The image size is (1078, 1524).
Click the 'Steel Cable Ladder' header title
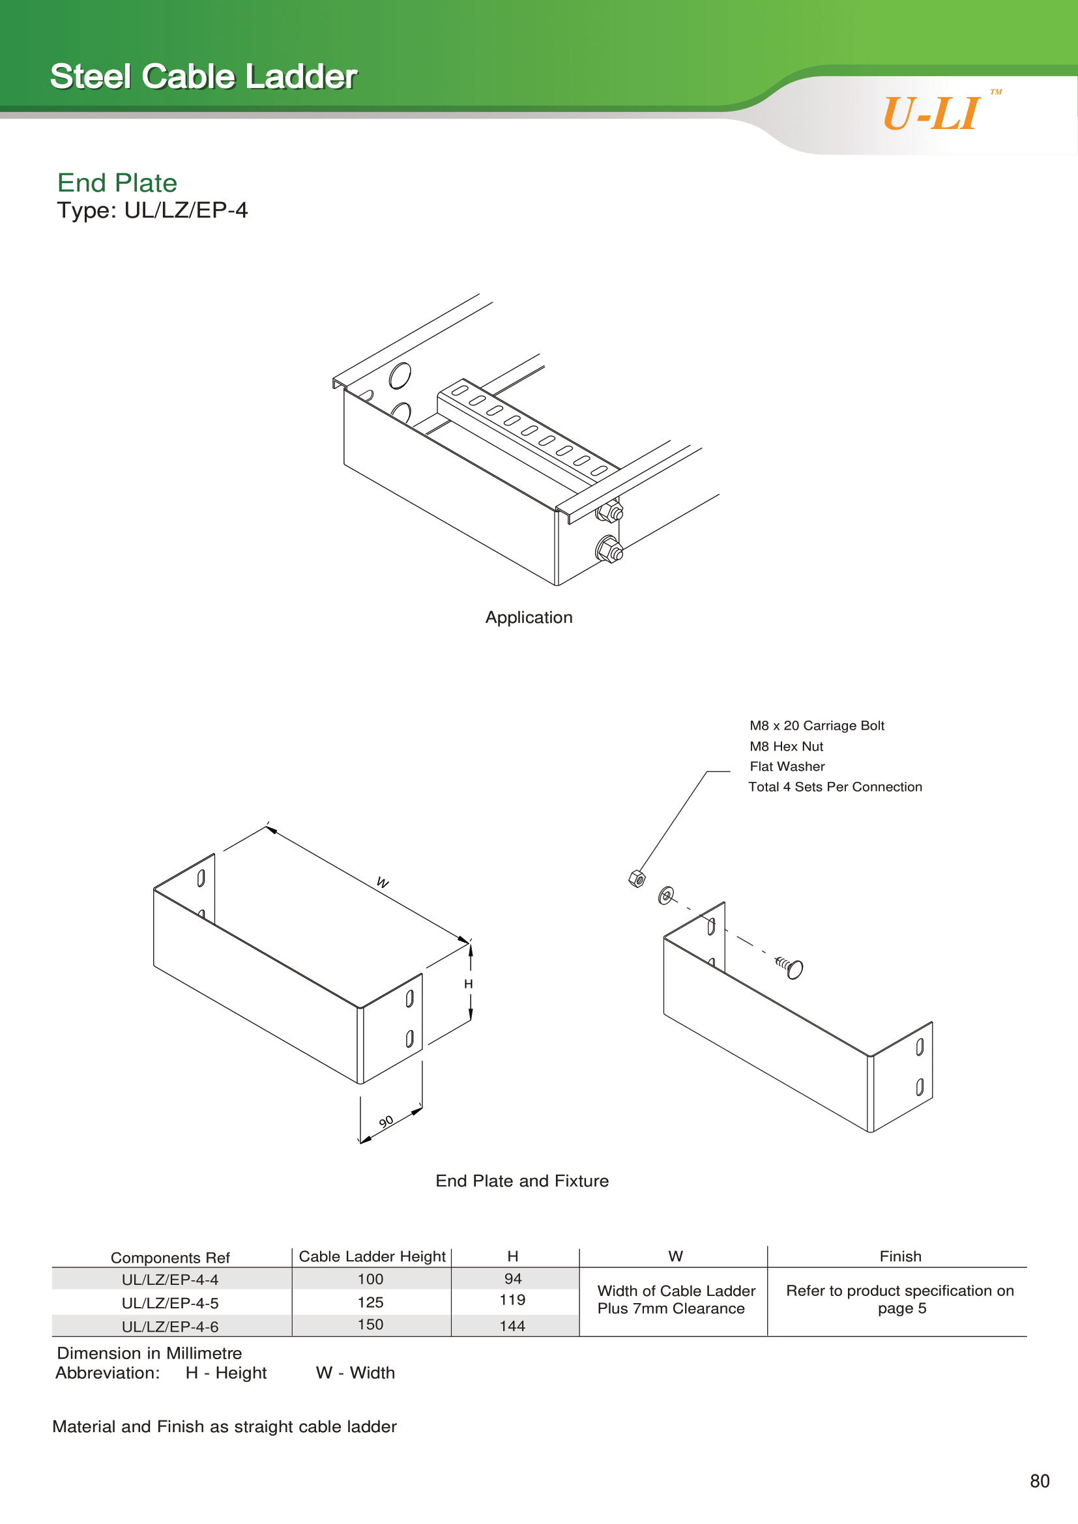(x=204, y=76)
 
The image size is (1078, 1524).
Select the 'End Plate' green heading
(x=117, y=182)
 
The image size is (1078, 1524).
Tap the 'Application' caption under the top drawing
(x=529, y=617)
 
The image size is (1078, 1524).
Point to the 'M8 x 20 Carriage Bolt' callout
(x=817, y=725)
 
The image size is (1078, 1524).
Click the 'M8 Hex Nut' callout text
(x=787, y=746)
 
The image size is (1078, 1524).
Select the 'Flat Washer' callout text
(x=787, y=766)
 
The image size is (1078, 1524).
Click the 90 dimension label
(x=386, y=1122)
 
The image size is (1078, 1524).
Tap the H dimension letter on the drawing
(x=469, y=984)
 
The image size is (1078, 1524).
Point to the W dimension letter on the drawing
(x=383, y=882)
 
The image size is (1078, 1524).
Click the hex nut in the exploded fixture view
(x=637, y=879)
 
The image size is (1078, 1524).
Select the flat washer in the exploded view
(x=666, y=895)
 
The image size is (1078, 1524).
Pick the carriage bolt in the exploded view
(x=790, y=967)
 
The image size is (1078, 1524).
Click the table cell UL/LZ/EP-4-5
(x=170, y=1303)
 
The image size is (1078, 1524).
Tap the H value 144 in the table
(x=512, y=1326)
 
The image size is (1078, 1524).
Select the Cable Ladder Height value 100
(x=370, y=1279)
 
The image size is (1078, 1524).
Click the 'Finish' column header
(x=901, y=1256)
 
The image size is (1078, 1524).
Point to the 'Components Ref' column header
(x=170, y=1258)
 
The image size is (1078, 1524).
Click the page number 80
(x=1040, y=1481)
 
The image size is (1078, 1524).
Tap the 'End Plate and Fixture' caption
(x=523, y=1181)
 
